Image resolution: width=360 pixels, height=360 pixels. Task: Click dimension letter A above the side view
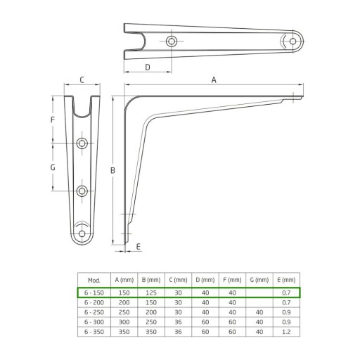pyautogui.click(x=214, y=80)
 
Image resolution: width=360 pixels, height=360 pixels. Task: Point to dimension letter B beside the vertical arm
pyautogui.click(x=112, y=170)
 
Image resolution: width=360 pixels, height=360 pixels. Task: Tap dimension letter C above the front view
pyautogui.click(x=82, y=80)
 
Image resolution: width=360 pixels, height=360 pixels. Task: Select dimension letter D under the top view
pyautogui.click(x=148, y=67)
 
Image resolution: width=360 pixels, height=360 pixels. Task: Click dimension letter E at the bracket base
pyautogui.click(x=139, y=247)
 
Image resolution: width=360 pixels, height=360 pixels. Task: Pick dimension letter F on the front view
pyautogui.click(x=53, y=120)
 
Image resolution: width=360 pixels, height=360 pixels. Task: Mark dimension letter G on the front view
pyautogui.click(x=53, y=167)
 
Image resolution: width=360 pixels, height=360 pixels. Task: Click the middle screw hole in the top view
pyautogui.click(x=172, y=41)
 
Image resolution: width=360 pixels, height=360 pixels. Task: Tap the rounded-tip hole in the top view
pyautogui.click(x=292, y=41)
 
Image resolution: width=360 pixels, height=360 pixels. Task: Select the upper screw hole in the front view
pyautogui.click(x=82, y=143)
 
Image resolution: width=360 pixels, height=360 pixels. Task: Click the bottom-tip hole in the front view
pyautogui.click(x=82, y=233)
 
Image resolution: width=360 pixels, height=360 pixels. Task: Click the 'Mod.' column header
pyautogui.click(x=94, y=280)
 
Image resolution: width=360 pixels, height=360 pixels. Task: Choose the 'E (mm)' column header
pyautogui.click(x=286, y=280)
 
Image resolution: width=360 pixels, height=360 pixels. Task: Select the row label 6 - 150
pyautogui.click(x=94, y=292)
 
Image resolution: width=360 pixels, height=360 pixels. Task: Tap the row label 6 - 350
pyautogui.click(x=94, y=332)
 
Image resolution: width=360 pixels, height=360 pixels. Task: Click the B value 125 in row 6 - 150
pyautogui.click(x=151, y=292)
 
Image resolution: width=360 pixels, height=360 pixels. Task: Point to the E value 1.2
pyautogui.click(x=286, y=332)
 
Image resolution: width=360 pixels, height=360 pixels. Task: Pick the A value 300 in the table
pyautogui.click(x=124, y=322)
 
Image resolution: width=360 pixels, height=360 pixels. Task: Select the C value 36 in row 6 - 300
pyautogui.click(x=178, y=322)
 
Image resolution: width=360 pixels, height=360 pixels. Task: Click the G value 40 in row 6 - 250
pyautogui.click(x=259, y=312)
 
